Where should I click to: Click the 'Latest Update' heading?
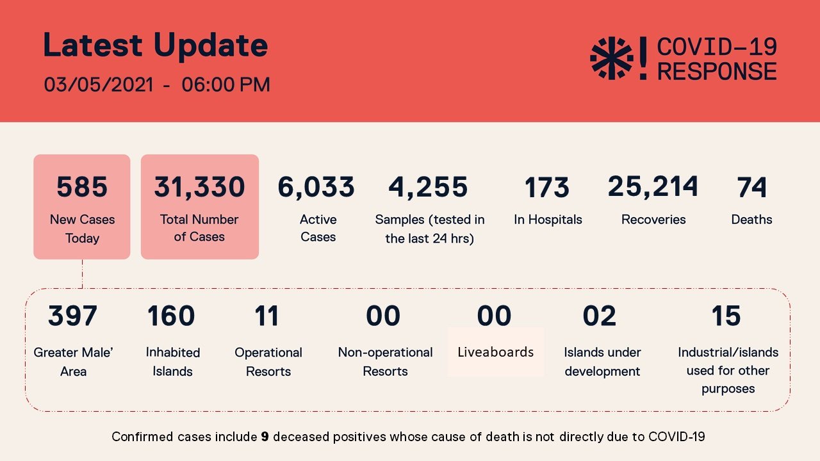(155, 45)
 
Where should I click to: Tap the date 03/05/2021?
(99, 85)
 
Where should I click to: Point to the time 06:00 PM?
(225, 85)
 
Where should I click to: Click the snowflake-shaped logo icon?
(611, 59)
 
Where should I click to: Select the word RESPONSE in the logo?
(717, 70)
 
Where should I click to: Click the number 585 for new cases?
(82, 187)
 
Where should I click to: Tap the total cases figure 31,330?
(199, 187)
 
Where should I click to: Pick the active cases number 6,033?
(316, 187)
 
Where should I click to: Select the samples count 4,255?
(428, 187)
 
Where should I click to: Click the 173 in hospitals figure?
(546, 188)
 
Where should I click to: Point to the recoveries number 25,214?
(653, 186)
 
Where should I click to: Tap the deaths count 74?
(751, 187)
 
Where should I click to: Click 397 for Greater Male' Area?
(72, 316)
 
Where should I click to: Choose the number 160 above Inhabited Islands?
(171, 316)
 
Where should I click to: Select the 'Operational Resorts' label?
(268, 362)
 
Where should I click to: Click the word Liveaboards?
(495, 352)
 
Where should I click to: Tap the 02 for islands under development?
(600, 316)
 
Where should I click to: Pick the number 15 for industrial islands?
(726, 316)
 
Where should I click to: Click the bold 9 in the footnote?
(265, 437)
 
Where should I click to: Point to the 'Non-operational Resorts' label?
(385, 362)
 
